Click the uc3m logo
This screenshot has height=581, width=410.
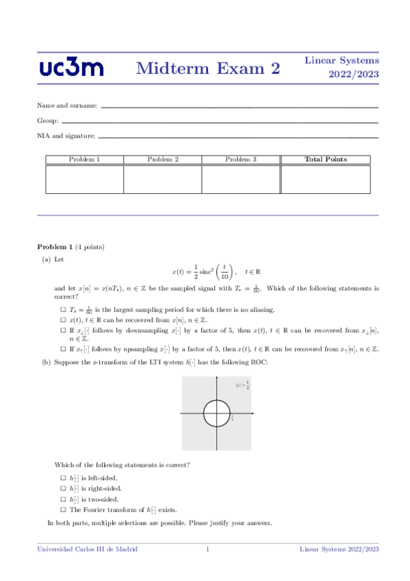72,68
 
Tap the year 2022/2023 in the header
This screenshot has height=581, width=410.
354,74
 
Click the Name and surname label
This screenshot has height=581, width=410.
67,106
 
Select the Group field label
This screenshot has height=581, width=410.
47,121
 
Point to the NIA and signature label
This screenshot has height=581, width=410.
66,136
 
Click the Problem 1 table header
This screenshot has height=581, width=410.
84,160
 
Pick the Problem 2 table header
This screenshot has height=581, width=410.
163,160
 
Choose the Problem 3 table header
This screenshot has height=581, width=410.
240,160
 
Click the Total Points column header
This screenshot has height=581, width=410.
325,160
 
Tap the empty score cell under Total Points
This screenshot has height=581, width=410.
325,179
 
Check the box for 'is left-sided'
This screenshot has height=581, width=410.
63,477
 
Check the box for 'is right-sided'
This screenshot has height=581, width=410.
63,488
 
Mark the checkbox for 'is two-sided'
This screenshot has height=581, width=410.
63,499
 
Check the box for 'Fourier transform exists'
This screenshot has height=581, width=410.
63,510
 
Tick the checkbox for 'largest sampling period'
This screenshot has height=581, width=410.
63,310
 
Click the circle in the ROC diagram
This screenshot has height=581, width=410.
218,413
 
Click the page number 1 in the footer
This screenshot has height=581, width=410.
207,549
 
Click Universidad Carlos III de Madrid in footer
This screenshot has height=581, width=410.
87,549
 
